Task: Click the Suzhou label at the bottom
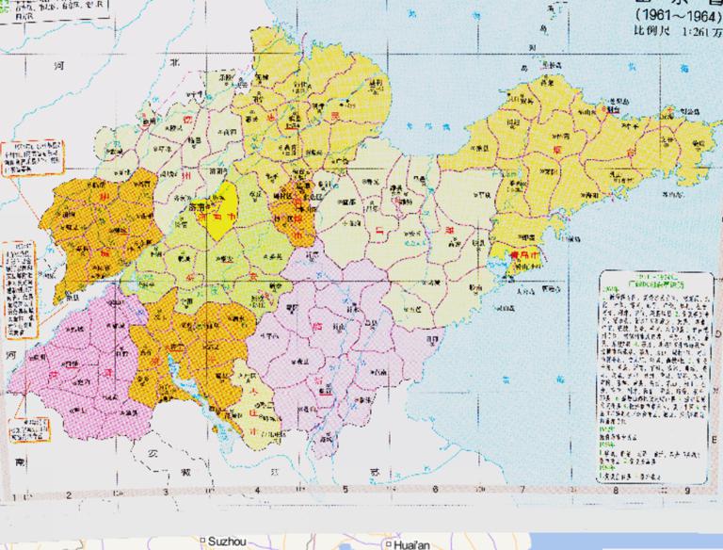pyautogui.click(x=226, y=542)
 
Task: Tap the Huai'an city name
pyautogui.click(x=411, y=543)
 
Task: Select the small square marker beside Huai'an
pyautogui.click(x=388, y=543)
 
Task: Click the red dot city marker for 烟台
pyautogui.click(x=602, y=109)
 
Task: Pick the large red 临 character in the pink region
pyautogui.click(x=311, y=325)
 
